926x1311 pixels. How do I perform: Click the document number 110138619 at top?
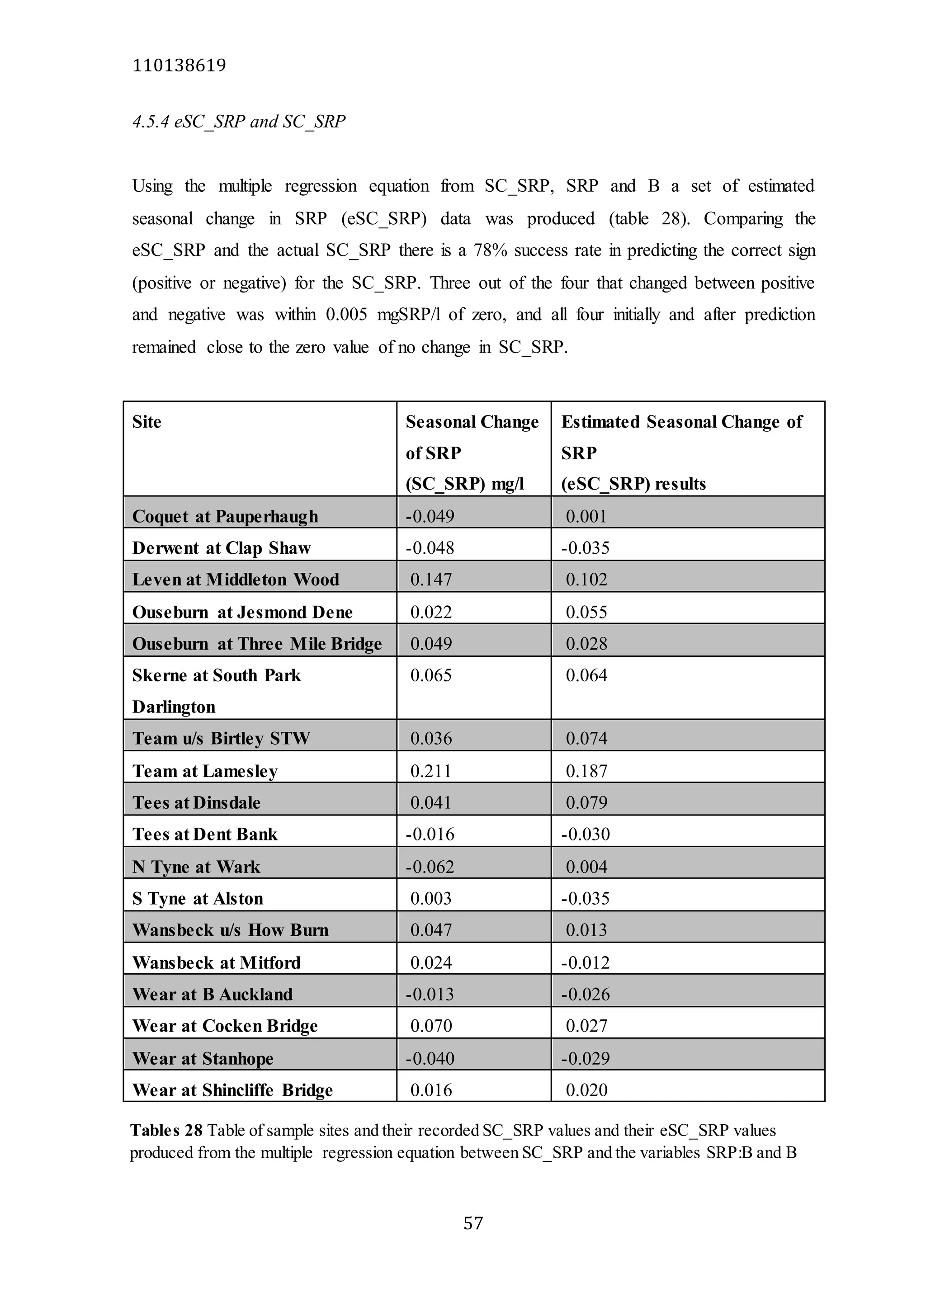179,66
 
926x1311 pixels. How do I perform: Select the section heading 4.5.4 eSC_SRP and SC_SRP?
239,122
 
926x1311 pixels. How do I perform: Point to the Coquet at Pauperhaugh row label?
225,516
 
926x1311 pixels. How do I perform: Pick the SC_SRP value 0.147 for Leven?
431,580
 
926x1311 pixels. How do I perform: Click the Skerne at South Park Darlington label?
216,690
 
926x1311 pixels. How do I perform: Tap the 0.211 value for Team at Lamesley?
431,771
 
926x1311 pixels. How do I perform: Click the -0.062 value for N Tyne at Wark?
430,867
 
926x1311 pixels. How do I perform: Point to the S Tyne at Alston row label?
198,899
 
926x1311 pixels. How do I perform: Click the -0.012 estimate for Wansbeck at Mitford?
585,963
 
